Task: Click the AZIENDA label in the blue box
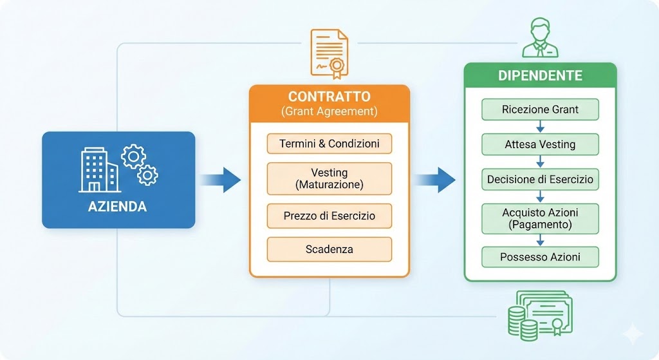[117, 207]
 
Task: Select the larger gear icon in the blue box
[133, 156]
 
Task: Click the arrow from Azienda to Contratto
[219, 179]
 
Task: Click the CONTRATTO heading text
[329, 97]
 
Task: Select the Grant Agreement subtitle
[329, 111]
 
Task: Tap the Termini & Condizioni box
[329, 144]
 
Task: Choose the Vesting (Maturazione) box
[329, 178]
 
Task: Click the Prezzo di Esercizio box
[329, 215]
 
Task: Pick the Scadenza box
[329, 249]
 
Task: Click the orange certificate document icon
[329, 52]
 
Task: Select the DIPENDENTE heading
[540, 75]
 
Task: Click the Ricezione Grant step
[540, 109]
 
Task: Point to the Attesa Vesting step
[540, 145]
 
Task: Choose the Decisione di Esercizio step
[540, 180]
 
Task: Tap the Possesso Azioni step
[540, 257]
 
